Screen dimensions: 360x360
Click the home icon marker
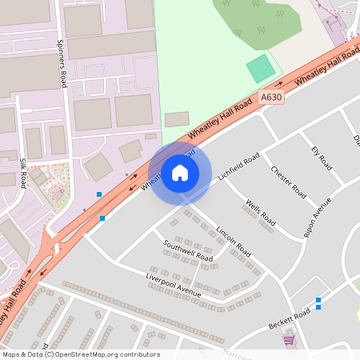[x=180, y=173]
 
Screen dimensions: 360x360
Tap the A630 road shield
[x=271, y=97]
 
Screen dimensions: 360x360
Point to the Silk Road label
[x=24, y=171]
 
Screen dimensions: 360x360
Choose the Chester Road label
[x=288, y=182]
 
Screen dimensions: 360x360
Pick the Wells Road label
[x=261, y=212]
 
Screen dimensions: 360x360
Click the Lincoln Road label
[x=233, y=241]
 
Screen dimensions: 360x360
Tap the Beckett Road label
[x=289, y=319]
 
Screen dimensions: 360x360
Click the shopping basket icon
[x=288, y=339]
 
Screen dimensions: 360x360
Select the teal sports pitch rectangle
[x=260, y=68]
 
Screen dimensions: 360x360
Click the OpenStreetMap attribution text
[x=81, y=354]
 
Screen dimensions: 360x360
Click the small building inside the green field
[x=177, y=118]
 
